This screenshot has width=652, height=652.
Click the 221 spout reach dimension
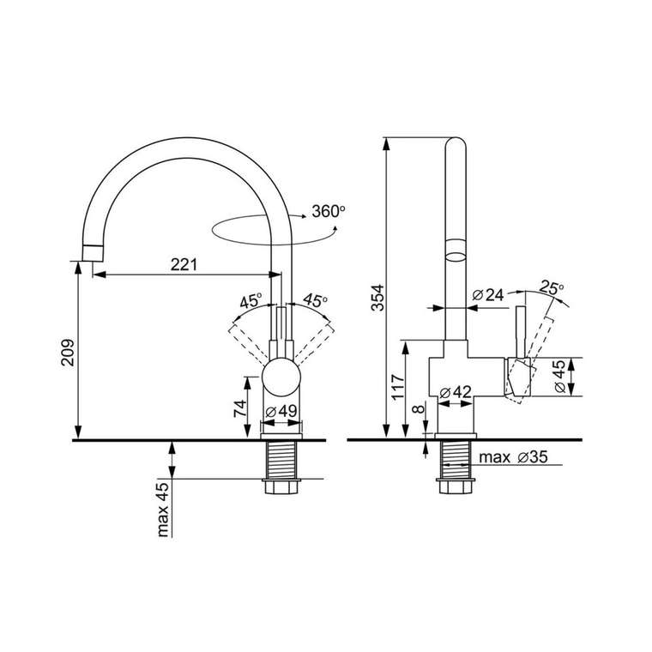[184, 264]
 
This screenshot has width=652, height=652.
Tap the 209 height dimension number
[68, 353]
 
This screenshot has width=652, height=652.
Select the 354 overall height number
[378, 298]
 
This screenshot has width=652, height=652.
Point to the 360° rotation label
[329, 212]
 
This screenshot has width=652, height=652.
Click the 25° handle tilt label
[552, 287]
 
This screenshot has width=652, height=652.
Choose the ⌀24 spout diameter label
[488, 295]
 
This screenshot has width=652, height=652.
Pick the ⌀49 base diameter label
[281, 412]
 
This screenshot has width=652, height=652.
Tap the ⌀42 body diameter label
[456, 392]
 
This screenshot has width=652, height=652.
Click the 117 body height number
[398, 387]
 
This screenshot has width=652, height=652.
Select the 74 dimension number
[240, 408]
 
